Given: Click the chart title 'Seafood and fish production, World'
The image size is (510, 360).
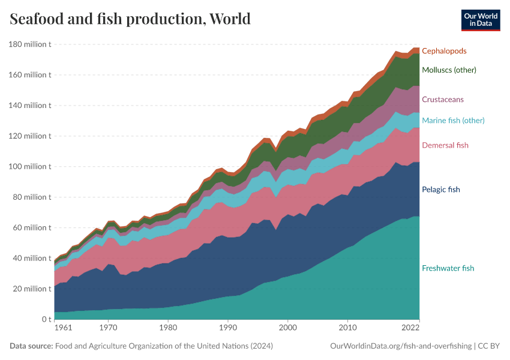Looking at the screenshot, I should tap(130, 19).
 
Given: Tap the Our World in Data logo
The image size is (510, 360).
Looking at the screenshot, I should tap(480, 20).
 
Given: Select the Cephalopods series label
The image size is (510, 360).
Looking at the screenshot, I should tap(444, 51).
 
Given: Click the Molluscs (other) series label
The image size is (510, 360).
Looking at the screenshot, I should tap(449, 70).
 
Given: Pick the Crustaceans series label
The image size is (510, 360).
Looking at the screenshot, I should tap(442, 99).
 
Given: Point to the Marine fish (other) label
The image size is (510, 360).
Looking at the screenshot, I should tap(453, 120).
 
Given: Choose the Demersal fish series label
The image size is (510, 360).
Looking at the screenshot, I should tap(445, 145).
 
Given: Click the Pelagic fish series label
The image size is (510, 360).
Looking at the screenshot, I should tap(440, 190).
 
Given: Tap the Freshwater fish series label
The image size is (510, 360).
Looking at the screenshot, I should tap(448, 268).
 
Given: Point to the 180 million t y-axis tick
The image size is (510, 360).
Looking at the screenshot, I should tap(29, 44).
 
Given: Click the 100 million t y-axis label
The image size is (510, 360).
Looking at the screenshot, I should tap(29, 166).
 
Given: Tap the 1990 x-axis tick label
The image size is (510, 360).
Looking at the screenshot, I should tap(228, 329).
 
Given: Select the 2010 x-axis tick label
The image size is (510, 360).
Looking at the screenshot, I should tap(348, 329).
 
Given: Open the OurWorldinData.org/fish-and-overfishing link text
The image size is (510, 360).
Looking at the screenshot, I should tap(400, 346).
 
